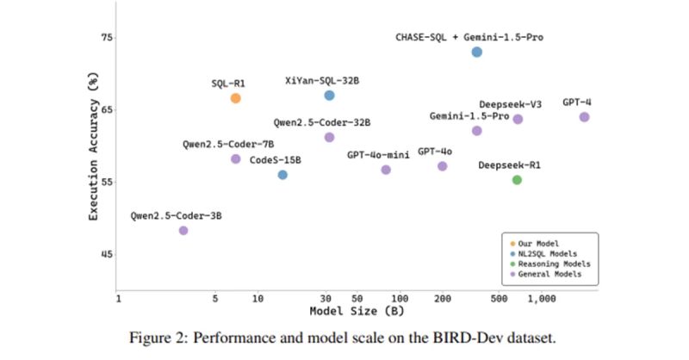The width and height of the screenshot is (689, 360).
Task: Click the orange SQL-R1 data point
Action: (x=235, y=98)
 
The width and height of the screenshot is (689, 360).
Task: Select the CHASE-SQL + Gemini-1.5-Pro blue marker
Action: (x=477, y=53)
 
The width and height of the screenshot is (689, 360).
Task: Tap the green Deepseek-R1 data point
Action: (x=517, y=180)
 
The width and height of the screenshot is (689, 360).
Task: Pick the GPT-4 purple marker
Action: (x=584, y=117)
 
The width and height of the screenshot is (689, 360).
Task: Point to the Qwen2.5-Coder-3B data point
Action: (x=183, y=230)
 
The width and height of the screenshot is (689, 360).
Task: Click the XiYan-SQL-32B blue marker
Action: (x=329, y=96)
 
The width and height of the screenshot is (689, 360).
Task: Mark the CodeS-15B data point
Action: (x=282, y=175)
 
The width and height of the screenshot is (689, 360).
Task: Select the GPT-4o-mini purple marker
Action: (x=386, y=170)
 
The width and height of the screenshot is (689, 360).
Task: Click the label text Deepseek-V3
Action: (x=510, y=104)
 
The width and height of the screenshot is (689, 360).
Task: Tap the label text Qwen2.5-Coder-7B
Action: (x=215, y=144)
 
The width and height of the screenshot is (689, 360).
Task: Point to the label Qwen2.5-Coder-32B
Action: (x=322, y=123)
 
